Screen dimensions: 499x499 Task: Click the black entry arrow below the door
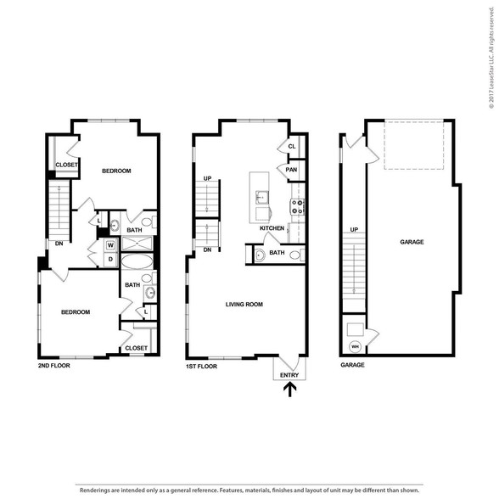(x=290, y=390)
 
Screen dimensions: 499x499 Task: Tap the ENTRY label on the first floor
(x=289, y=375)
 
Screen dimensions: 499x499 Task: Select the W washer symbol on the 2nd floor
(x=110, y=245)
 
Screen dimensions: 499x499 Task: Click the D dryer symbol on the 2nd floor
(x=110, y=260)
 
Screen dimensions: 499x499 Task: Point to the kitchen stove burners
(x=297, y=206)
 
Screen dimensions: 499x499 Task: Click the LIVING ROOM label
(x=244, y=304)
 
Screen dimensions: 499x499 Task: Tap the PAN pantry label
(x=291, y=170)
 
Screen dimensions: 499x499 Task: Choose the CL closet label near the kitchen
(x=292, y=146)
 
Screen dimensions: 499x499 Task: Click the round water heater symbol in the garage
(x=355, y=346)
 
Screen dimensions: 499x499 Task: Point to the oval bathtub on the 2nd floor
(x=137, y=261)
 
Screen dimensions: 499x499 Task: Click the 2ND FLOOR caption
(x=54, y=366)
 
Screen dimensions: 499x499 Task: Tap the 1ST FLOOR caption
(x=201, y=367)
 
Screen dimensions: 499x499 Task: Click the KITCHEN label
(x=272, y=228)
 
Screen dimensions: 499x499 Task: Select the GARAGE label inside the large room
(x=412, y=242)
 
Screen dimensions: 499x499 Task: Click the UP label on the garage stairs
(x=354, y=229)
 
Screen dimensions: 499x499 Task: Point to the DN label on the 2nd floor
(x=59, y=244)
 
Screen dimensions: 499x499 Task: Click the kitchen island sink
(x=261, y=198)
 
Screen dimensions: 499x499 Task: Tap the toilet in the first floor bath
(x=296, y=255)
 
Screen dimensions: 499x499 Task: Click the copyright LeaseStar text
(x=491, y=58)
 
